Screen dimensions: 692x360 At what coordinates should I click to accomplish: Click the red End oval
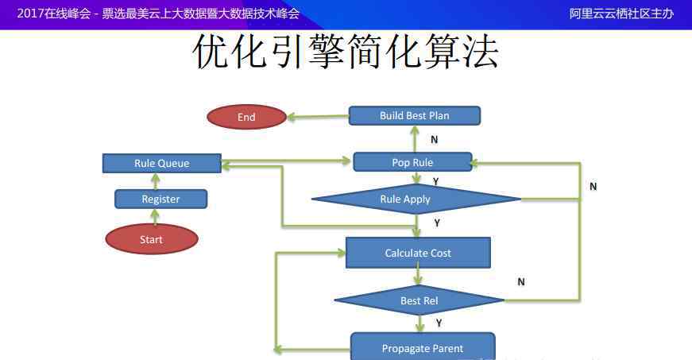pyautogui.click(x=247, y=117)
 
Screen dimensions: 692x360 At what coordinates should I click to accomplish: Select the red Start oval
pyautogui.click(x=152, y=239)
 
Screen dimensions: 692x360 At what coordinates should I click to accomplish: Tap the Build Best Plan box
pyautogui.click(x=415, y=115)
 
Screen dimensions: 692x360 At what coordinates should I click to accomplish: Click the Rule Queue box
pyautogui.click(x=161, y=163)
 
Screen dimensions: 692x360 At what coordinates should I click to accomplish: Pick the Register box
pyautogui.click(x=160, y=199)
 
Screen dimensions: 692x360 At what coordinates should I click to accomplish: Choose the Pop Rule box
pyautogui.click(x=412, y=162)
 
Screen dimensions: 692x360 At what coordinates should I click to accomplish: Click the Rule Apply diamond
pyautogui.click(x=416, y=199)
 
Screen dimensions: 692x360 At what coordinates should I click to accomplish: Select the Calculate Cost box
pyautogui.click(x=418, y=253)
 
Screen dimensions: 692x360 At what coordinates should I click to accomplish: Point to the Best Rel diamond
pyautogui.click(x=419, y=300)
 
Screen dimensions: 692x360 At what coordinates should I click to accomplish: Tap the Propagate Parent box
pyautogui.click(x=423, y=346)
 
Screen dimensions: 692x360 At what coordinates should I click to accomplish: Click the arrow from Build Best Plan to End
pyautogui.click(x=318, y=117)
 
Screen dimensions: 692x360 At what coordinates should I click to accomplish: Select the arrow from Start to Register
pyautogui.click(x=154, y=217)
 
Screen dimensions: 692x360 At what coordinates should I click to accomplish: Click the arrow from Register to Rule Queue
pyautogui.click(x=156, y=181)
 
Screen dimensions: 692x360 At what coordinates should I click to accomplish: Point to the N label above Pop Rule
pyautogui.click(x=435, y=139)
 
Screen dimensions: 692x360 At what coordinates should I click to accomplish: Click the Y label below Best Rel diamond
pyautogui.click(x=439, y=323)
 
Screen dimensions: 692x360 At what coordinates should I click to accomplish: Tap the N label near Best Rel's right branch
pyautogui.click(x=521, y=281)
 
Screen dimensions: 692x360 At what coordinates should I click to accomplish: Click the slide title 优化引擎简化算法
pyautogui.click(x=346, y=52)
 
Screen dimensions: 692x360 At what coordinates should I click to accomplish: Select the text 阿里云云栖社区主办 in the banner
pyautogui.click(x=621, y=14)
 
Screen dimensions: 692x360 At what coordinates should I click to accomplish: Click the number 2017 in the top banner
pyautogui.click(x=30, y=14)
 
